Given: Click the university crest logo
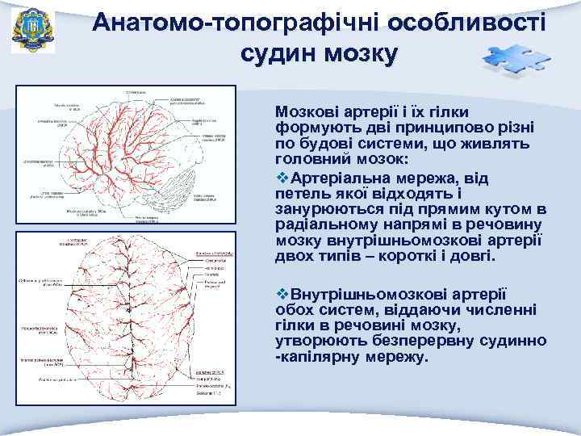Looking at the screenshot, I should coord(32,31).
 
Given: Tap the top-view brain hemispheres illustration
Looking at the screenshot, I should coord(129,319).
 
